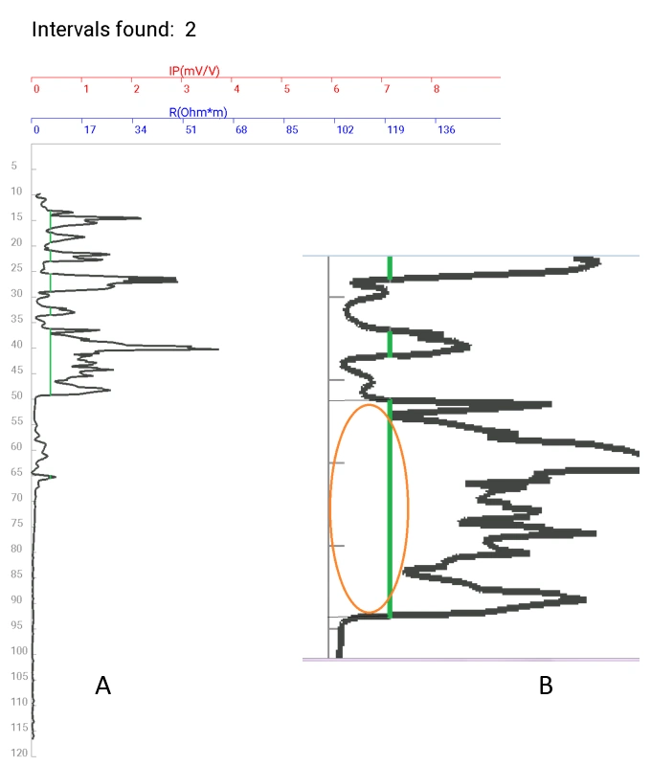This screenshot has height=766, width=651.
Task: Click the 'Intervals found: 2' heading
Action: point(114,29)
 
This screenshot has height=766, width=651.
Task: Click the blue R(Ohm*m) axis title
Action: point(198,112)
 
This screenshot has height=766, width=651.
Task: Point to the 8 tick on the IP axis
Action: point(437,89)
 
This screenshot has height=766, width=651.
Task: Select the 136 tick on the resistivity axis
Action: point(446,130)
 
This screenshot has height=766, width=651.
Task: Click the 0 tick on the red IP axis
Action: point(36,89)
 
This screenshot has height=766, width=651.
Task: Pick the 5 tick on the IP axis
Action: point(286,89)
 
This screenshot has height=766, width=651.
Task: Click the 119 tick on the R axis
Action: point(394,130)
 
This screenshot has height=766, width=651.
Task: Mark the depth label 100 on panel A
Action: point(15,651)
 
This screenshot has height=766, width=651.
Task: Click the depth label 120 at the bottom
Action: point(15,753)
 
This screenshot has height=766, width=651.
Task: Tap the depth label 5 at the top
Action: point(14,167)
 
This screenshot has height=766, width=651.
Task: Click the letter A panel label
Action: point(103,685)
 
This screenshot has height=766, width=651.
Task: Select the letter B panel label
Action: point(546,686)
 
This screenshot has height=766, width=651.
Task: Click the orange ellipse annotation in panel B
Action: point(330,507)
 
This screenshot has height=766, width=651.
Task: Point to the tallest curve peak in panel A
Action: point(216,349)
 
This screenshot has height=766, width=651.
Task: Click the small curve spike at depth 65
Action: point(53,476)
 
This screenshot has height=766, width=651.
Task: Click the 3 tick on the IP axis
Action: point(187,89)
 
